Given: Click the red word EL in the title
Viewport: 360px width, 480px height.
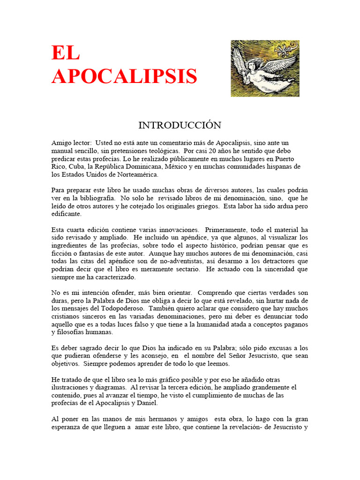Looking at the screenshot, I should [x=66, y=53].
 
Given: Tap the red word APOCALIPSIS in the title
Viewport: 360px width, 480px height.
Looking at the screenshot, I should [x=124, y=76].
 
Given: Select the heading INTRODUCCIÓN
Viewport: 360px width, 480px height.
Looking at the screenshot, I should [x=180, y=125].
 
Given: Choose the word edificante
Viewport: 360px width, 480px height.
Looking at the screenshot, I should [x=67, y=214].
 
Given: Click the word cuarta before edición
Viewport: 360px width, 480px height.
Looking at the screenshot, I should [x=77, y=230].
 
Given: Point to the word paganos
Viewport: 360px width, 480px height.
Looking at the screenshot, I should [x=296, y=324].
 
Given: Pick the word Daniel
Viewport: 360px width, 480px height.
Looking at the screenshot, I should [x=147, y=403].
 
